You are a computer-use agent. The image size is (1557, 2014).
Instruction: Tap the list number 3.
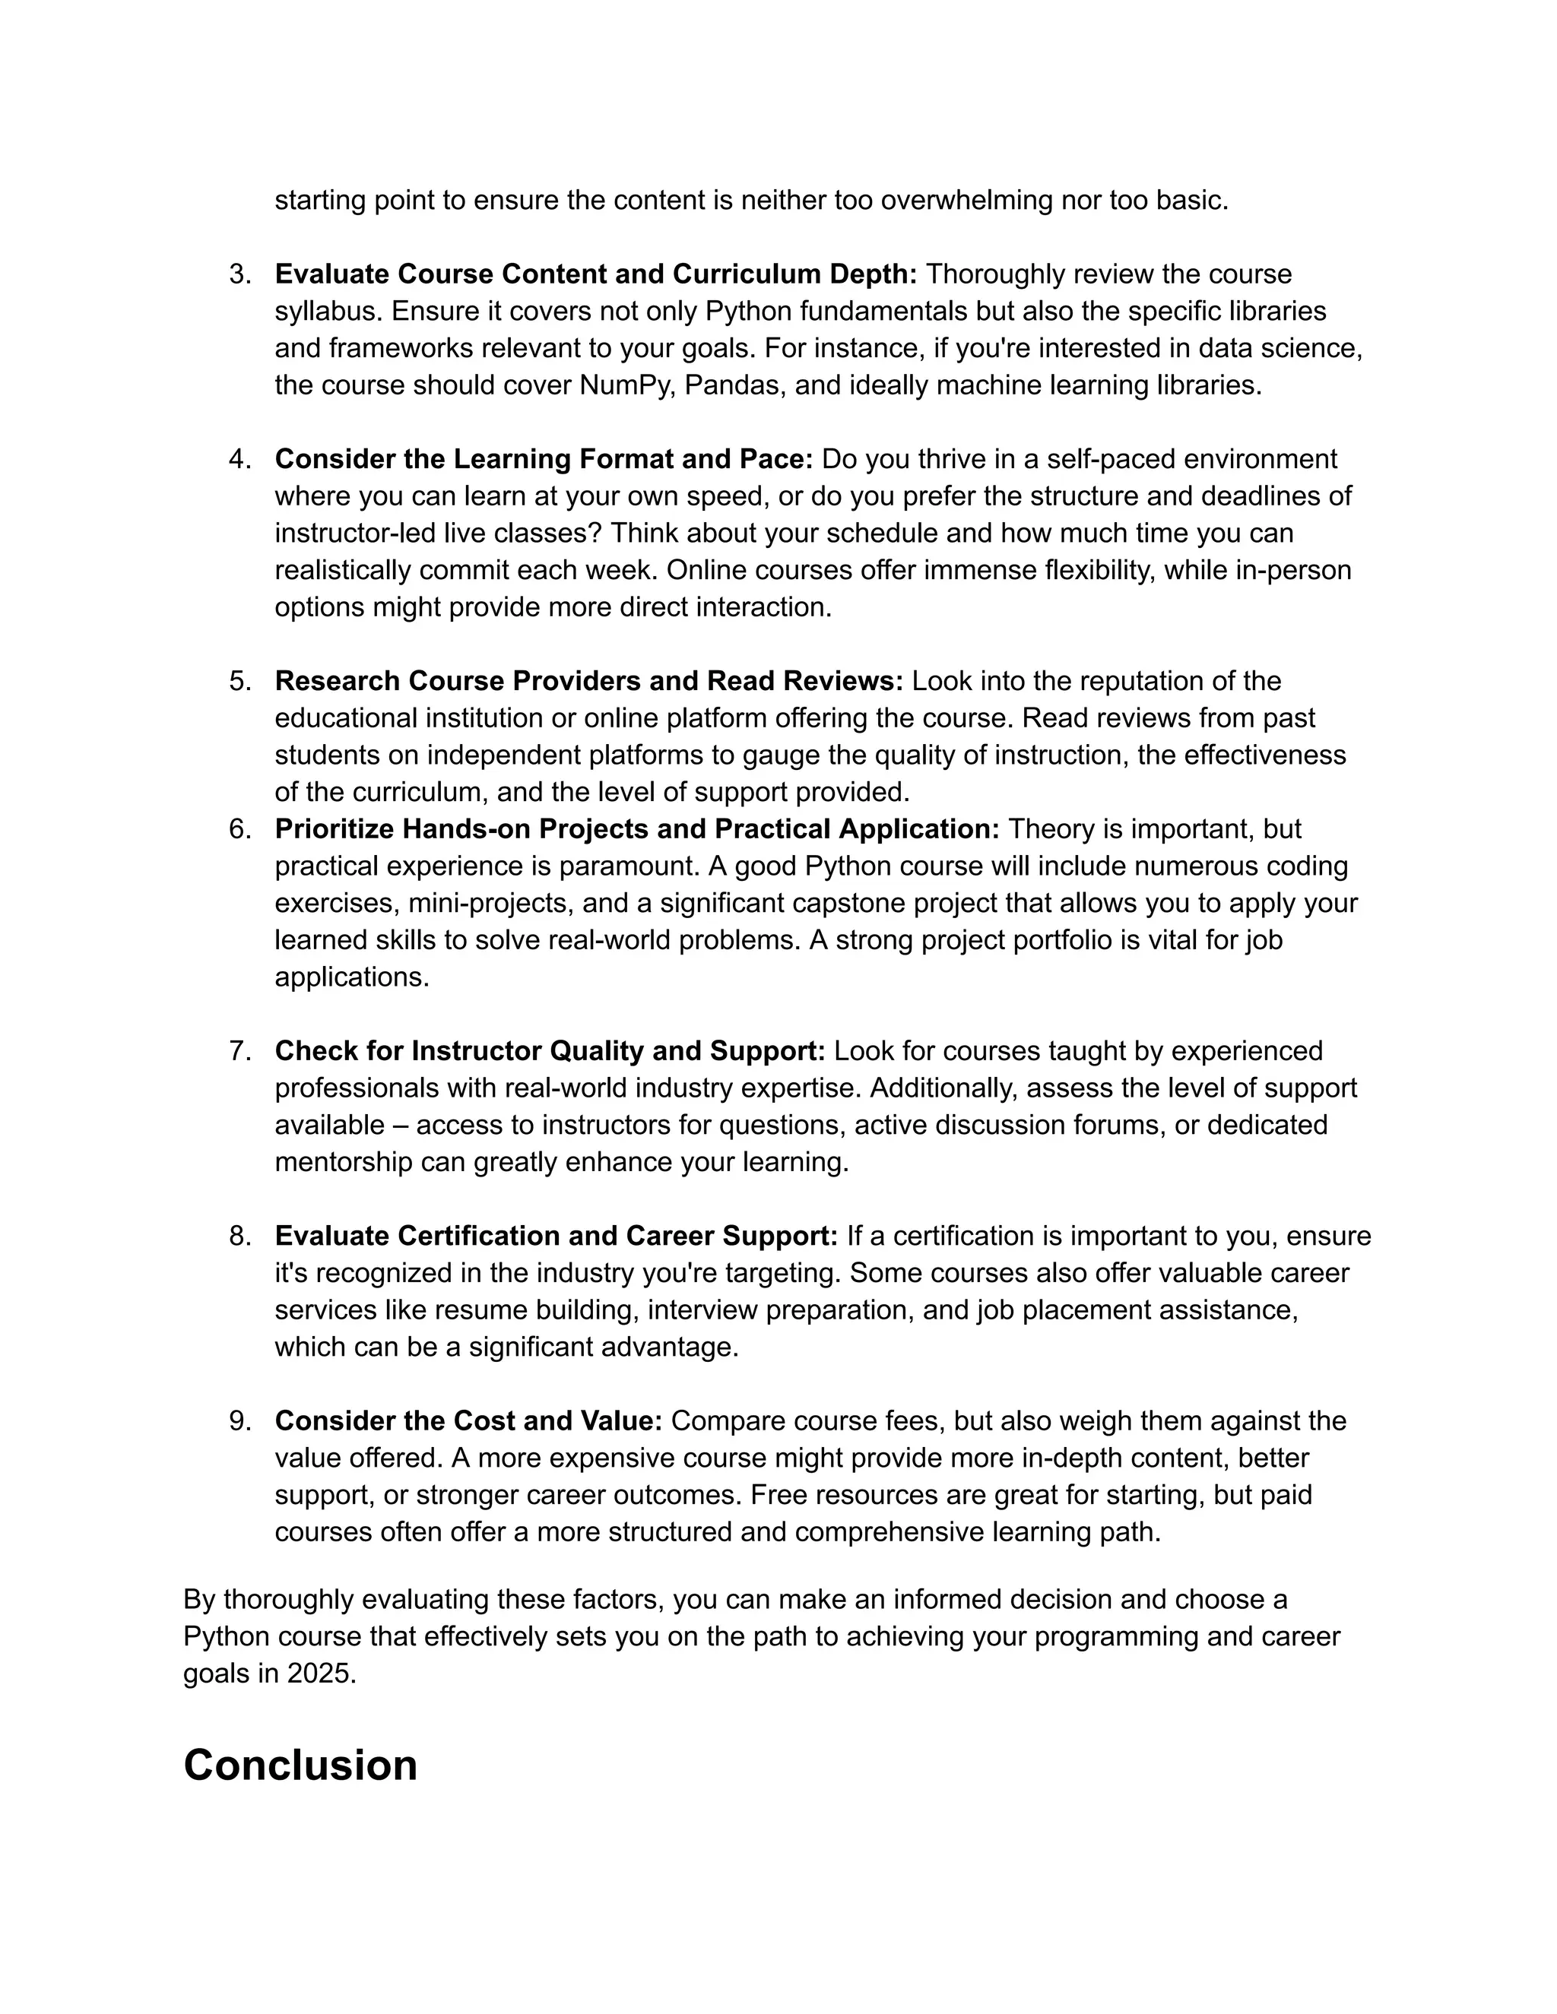[239, 274]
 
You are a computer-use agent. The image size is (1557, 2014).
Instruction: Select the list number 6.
[239, 829]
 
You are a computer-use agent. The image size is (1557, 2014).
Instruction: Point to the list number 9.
[239, 1421]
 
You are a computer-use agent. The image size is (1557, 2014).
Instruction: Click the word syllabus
[328, 312]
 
